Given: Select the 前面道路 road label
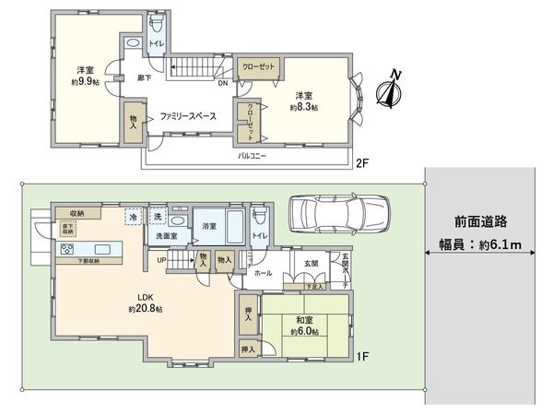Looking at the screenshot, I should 482,221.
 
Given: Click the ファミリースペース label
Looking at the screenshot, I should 187,117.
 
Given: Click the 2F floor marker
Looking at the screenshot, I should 363,164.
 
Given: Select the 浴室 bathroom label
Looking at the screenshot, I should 207,226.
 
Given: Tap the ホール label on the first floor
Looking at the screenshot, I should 263,275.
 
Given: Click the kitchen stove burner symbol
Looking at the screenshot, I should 67,249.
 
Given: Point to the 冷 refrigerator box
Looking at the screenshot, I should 134,217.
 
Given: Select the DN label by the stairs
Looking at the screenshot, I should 222,81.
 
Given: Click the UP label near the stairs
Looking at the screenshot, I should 162,261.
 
